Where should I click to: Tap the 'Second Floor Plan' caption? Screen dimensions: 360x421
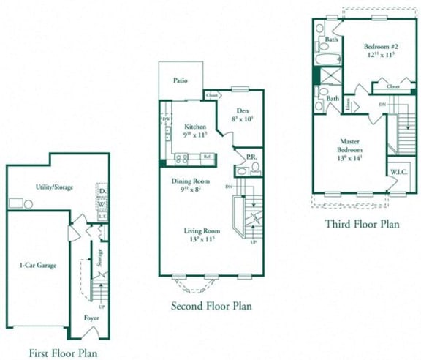210,306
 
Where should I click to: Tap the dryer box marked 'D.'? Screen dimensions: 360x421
102,192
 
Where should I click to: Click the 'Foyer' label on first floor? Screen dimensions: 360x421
92,318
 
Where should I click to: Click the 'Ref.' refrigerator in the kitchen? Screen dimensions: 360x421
207,156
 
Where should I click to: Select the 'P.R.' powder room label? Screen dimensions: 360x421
249,157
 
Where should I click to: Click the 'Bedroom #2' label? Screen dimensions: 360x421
379,46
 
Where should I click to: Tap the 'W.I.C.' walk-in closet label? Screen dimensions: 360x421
398,173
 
